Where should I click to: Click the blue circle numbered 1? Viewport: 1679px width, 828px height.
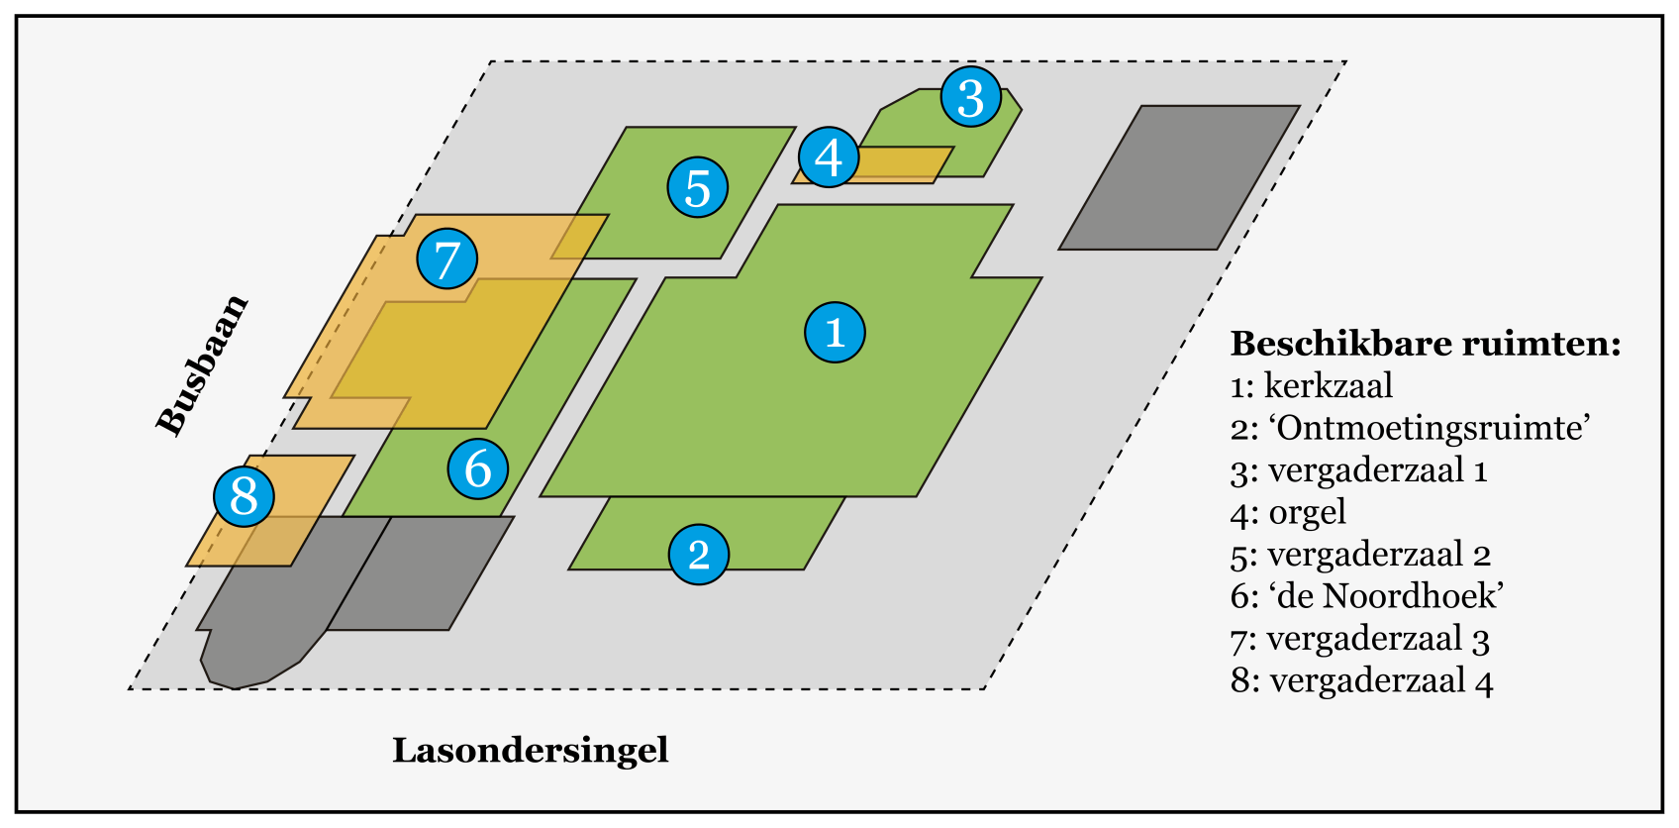click(835, 332)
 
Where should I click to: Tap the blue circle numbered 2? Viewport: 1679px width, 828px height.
click(699, 555)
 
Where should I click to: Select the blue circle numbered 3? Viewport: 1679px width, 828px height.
click(970, 97)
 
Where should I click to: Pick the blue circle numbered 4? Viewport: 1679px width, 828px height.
click(829, 156)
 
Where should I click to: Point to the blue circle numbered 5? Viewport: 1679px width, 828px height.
click(698, 187)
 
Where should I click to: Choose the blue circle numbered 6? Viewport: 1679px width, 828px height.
click(477, 468)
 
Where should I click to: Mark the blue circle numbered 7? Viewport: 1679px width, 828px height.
click(446, 259)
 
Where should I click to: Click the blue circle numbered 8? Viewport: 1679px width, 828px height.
click(244, 495)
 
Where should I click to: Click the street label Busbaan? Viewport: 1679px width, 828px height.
click(202, 364)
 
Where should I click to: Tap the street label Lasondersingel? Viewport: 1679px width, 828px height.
click(531, 750)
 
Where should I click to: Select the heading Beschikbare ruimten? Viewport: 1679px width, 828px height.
click(1425, 344)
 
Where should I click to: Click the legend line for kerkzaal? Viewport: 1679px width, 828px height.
click(1312, 385)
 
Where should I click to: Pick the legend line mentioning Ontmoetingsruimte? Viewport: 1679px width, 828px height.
click(1410, 428)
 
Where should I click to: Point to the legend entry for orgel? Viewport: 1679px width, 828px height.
click(1288, 512)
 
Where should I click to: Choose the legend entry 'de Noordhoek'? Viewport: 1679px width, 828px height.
click(1367, 595)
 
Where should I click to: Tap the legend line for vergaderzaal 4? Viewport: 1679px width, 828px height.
click(1361, 680)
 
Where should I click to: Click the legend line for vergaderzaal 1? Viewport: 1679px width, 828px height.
click(1358, 469)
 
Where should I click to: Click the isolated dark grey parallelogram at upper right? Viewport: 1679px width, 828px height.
click(1179, 177)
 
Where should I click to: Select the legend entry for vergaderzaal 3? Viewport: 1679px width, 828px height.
click(1359, 639)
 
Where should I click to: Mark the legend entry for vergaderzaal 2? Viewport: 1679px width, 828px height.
click(1360, 555)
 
